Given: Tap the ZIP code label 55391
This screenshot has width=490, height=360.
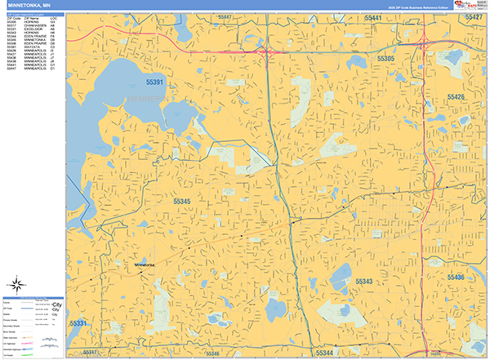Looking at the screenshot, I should click(x=155, y=82).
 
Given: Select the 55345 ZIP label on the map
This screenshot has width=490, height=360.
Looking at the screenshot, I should click(x=183, y=200).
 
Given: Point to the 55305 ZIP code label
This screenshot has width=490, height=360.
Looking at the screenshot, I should click(x=385, y=60).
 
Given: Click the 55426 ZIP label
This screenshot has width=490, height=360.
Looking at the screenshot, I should click(x=456, y=97).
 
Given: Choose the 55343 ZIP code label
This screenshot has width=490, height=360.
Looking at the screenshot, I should click(x=363, y=281).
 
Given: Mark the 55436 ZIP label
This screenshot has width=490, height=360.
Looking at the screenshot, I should click(x=456, y=278).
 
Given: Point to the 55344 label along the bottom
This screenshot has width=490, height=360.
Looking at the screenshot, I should click(x=325, y=353).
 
